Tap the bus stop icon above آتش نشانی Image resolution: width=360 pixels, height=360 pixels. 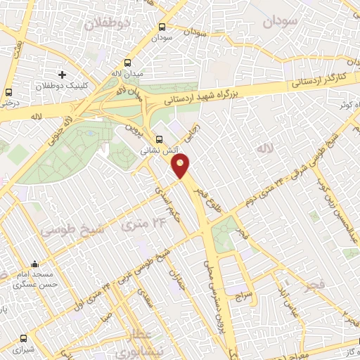click(x=160, y=139)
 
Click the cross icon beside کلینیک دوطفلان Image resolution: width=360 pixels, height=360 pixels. click(x=63, y=75)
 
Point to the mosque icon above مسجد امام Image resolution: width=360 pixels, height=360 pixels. click(x=34, y=265)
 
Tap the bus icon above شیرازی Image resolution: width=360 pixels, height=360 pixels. click(x=25, y=338)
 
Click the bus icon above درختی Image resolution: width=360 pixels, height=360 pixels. click(x=8, y=92)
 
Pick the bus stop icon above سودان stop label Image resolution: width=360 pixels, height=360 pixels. click(x=162, y=27)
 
